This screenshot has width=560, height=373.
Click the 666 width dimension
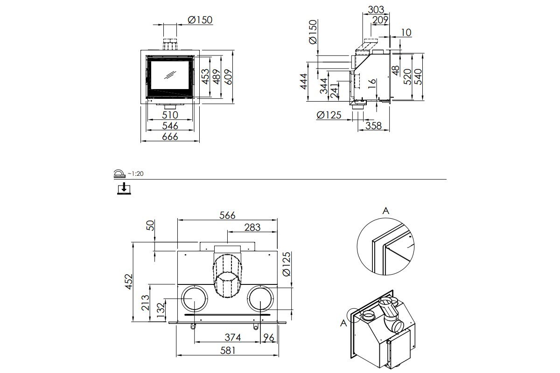(x=170, y=137)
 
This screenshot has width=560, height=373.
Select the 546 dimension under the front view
(x=170, y=126)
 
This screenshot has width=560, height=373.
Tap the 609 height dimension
(x=228, y=77)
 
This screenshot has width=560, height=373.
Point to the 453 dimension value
(x=205, y=77)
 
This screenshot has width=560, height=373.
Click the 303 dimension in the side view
(x=376, y=10)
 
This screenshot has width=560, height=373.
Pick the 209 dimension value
(x=380, y=20)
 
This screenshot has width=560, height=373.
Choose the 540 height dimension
(x=418, y=77)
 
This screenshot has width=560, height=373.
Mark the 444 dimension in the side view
(x=303, y=81)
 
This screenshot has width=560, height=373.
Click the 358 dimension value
(x=373, y=126)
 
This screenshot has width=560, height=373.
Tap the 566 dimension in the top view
(x=227, y=215)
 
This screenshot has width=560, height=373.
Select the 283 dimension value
(x=252, y=228)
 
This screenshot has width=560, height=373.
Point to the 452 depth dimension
(x=129, y=282)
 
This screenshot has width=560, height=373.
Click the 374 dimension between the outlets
(x=232, y=338)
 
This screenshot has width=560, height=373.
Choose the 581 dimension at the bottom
(x=228, y=351)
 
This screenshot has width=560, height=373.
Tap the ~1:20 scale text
(x=135, y=173)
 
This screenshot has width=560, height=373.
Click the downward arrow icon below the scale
(x=124, y=188)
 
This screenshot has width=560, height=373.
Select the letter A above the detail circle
(x=386, y=211)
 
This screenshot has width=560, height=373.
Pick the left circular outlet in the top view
(x=194, y=298)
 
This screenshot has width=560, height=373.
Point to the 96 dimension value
(x=269, y=338)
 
